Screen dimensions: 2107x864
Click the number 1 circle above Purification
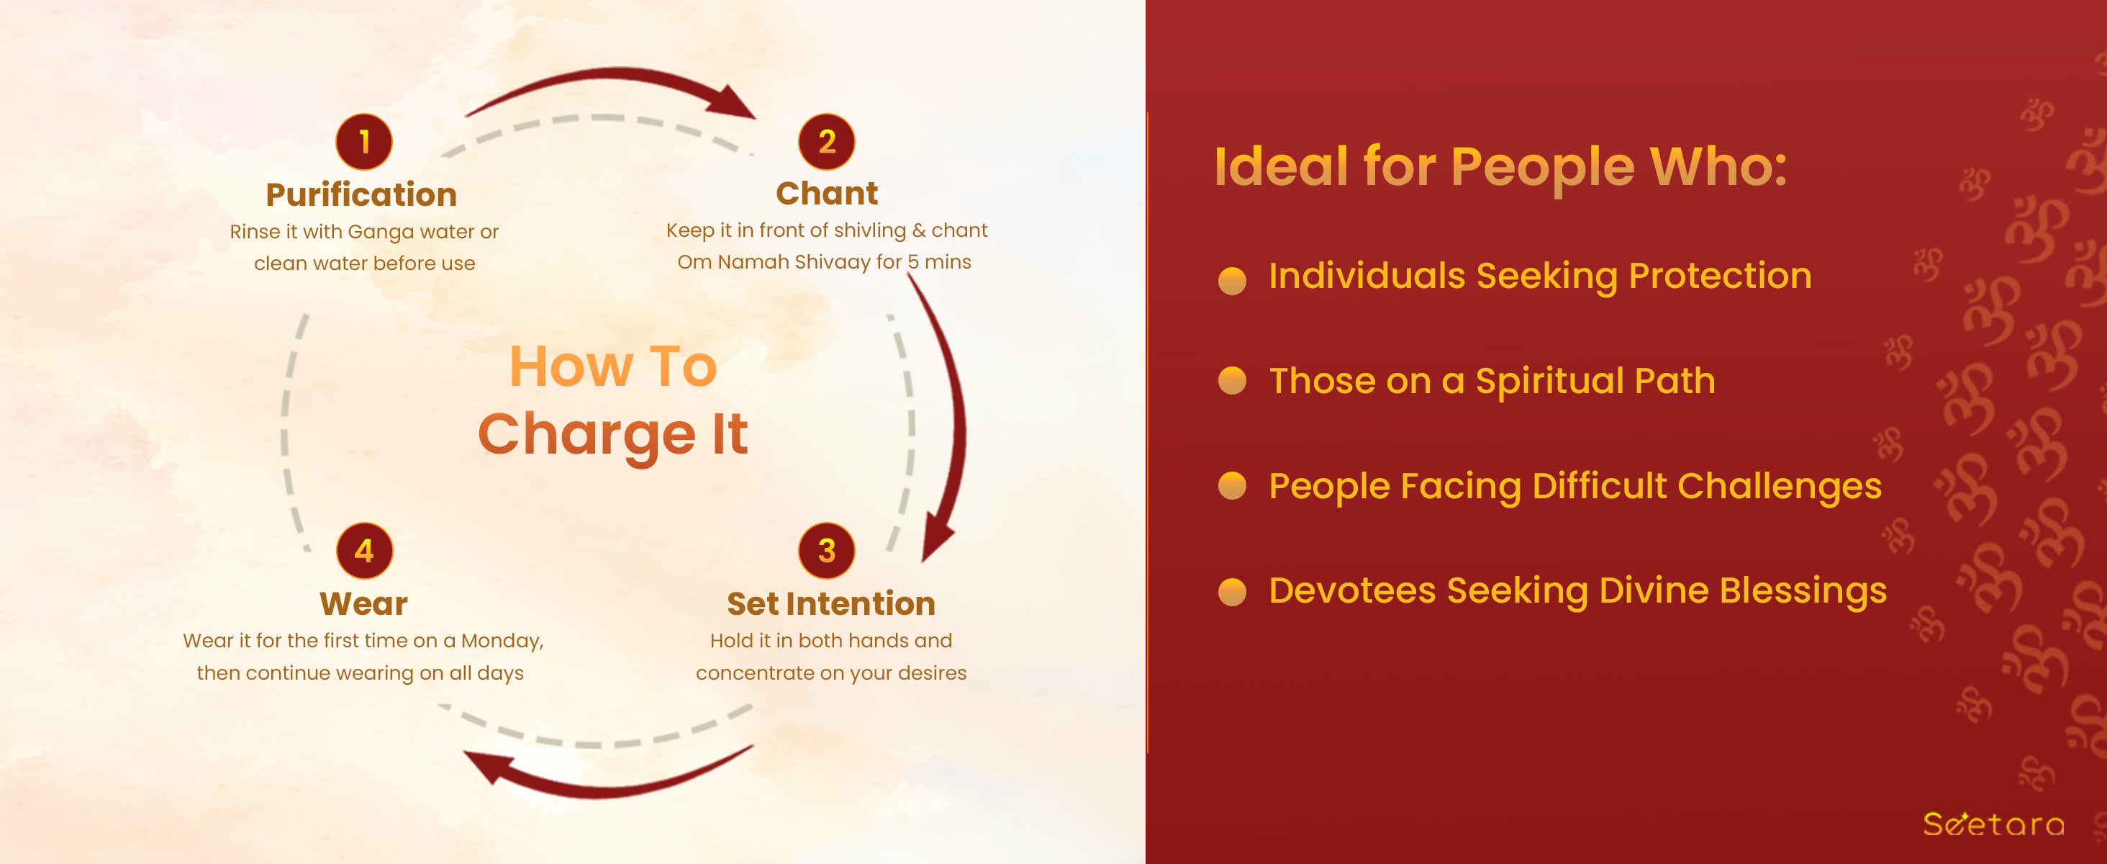point(364,142)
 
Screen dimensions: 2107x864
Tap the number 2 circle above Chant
point(827,142)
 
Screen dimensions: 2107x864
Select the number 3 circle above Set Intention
point(827,551)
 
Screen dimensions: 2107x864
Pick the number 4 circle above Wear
point(365,551)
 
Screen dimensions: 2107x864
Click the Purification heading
point(361,194)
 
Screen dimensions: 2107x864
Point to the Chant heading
point(827,193)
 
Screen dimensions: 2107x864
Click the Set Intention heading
point(831,604)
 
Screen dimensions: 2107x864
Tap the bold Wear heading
point(364,604)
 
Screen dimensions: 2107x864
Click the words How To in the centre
point(613,366)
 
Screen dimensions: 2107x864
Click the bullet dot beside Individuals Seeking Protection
point(1232,280)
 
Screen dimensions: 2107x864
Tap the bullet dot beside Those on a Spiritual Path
point(1232,380)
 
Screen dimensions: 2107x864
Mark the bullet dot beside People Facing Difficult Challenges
point(1232,485)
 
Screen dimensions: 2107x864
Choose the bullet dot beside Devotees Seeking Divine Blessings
point(1232,590)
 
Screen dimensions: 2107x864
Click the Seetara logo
point(1993,823)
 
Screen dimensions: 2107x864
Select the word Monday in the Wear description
point(502,642)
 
